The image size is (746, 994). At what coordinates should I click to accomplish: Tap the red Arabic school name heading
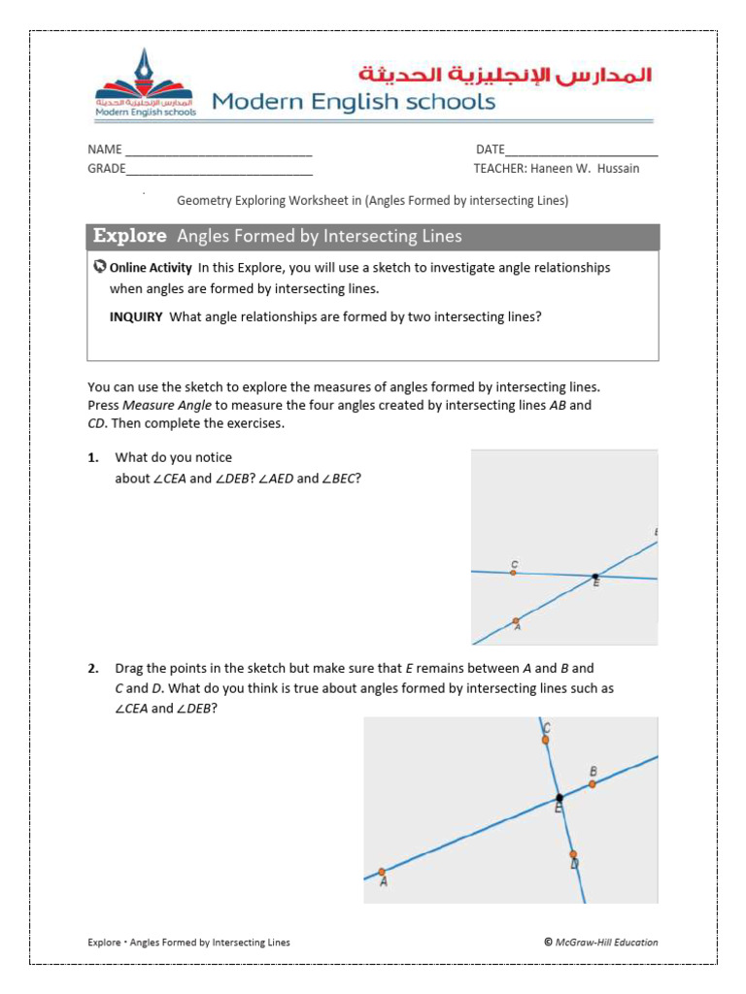click(505, 75)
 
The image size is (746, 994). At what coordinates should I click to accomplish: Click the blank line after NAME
click(219, 151)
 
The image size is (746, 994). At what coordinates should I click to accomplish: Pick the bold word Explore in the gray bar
click(130, 236)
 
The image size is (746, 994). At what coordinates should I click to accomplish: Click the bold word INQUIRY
click(136, 316)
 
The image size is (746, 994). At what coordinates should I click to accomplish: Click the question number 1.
click(93, 457)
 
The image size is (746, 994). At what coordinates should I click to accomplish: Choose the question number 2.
click(93, 668)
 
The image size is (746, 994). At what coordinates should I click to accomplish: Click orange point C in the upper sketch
click(514, 573)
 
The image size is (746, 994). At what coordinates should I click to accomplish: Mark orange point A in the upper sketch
click(516, 621)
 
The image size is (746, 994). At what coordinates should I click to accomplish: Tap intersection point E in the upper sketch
click(595, 576)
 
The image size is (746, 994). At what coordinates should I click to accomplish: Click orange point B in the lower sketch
click(593, 783)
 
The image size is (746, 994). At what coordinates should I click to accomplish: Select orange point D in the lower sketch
click(573, 855)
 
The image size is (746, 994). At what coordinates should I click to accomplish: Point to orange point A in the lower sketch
click(382, 872)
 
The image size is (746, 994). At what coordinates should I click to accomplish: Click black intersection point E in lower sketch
click(559, 797)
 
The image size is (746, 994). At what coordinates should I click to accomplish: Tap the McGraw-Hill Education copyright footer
click(600, 942)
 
